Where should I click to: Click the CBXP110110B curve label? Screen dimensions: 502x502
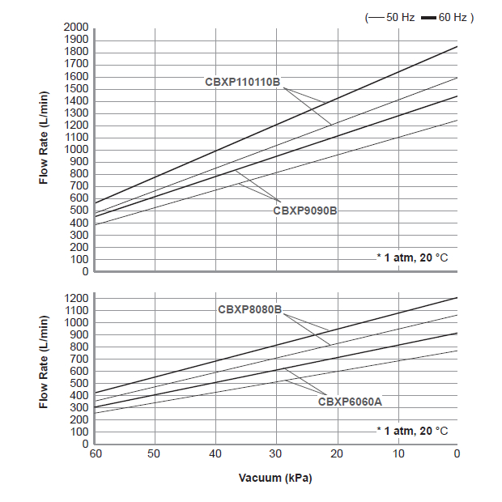pyautogui.click(x=242, y=83)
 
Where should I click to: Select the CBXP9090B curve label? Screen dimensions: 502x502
pyautogui.click(x=304, y=210)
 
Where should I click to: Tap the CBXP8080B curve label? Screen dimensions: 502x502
pyautogui.click(x=249, y=309)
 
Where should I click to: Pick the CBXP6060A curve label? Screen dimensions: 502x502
pyautogui.click(x=350, y=401)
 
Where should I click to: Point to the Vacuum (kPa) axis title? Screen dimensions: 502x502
pyautogui.click(x=275, y=478)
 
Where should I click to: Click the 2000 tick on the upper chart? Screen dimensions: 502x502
pyautogui.click(x=76, y=28)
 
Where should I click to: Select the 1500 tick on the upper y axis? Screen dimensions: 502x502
pyautogui.click(x=76, y=89)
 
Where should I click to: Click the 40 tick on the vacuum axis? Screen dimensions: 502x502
pyautogui.click(x=215, y=453)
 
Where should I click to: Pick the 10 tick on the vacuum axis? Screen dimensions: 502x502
pyautogui.click(x=398, y=453)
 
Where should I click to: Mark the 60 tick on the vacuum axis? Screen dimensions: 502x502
pyautogui.click(x=95, y=453)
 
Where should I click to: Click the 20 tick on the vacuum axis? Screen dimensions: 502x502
pyautogui.click(x=337, y=453)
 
